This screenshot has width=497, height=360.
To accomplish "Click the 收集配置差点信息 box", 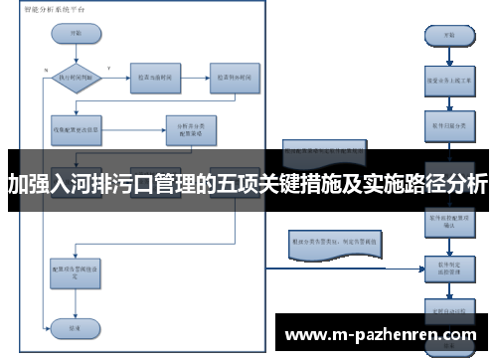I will click(77, 128).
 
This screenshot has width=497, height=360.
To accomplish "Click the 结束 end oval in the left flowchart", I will click(77, 325).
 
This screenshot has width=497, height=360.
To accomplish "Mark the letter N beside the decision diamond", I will click(46, 70).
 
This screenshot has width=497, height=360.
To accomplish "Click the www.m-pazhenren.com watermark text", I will click(381, 335).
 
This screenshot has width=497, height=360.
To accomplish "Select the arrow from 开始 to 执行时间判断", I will click(77, 49).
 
